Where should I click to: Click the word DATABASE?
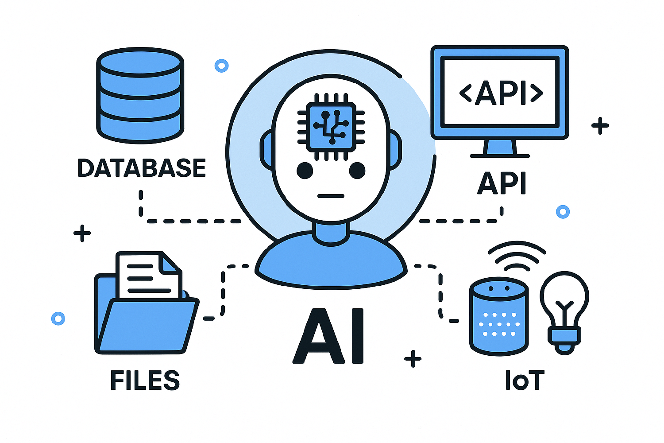click(x=142, y=168)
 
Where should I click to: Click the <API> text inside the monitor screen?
click(x=501, y=93)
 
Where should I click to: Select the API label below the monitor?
click(x=502, y=183)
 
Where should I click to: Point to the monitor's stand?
click(x=500, y=148)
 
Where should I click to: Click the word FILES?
click(x=145, y=381)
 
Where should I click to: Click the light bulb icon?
click(x=564, y=310)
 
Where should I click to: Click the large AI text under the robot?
click(x=329, y=337)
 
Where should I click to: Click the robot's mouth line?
click(x=331, y=195)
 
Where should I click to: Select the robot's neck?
click(x=331, y=233)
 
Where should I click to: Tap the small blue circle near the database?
click(x=221, y=66)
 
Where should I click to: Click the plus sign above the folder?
click(x=82, y=233)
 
